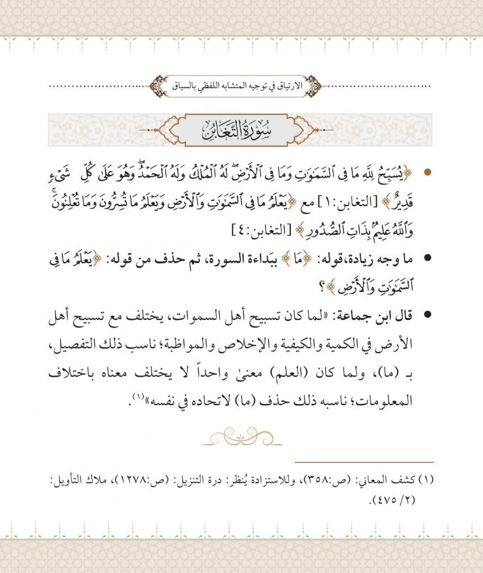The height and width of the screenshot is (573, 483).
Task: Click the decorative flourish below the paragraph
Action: pos(241,438)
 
